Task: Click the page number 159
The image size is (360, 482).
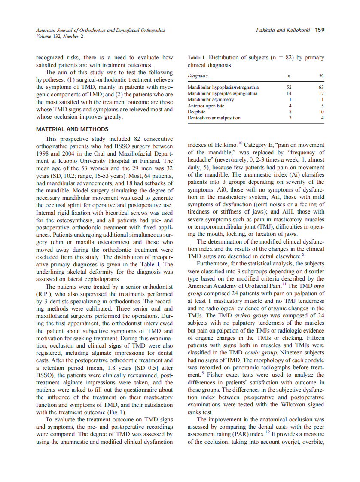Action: click(319, 30)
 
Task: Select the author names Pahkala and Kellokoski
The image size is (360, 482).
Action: click(283, 30)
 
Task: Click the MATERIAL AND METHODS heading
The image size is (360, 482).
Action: click(72, 129)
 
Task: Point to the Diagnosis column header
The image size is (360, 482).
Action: click(198, 76)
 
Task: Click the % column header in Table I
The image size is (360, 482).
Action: click(321, 76)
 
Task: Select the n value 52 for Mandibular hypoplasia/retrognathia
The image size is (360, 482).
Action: click(289, 88)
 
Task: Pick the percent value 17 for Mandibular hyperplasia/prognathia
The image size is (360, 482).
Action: click(321, 93)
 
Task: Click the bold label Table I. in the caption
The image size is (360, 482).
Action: click(197, 58)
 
